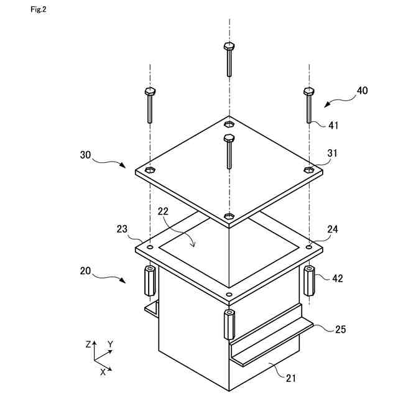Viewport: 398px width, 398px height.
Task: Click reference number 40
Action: (362, 90)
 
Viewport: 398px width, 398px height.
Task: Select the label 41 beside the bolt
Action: (334, 125)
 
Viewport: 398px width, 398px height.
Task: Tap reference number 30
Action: (86, 154)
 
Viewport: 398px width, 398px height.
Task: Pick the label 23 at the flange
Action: (123, 229)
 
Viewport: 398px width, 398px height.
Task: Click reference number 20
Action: (86, 271)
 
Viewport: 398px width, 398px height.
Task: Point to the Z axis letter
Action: (90, 343)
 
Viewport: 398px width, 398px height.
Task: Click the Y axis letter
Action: (110, 343)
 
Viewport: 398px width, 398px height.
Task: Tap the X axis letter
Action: (102, 371)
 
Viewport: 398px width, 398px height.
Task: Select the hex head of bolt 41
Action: (308, 91)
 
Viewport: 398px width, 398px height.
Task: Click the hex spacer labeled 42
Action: (309, 281)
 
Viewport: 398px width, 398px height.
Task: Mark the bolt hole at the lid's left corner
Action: (149, 169)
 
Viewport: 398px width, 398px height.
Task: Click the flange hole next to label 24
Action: (309, 246)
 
